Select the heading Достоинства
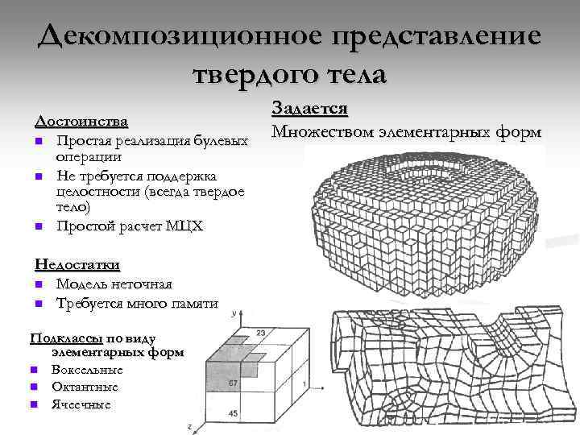pyautogui.click(x=81, y=122)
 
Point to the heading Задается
pyautogui.click(x=310, y=109)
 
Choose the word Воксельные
pyautogui.click(x=87, y=369)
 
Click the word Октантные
pyautogui.click(x=84, y=387)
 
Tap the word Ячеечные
pyautogui.click(x=81, y=404)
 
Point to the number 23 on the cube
pyautogui.click(x=260, y=333)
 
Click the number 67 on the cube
pyautogui.click(x=233, y=382)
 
